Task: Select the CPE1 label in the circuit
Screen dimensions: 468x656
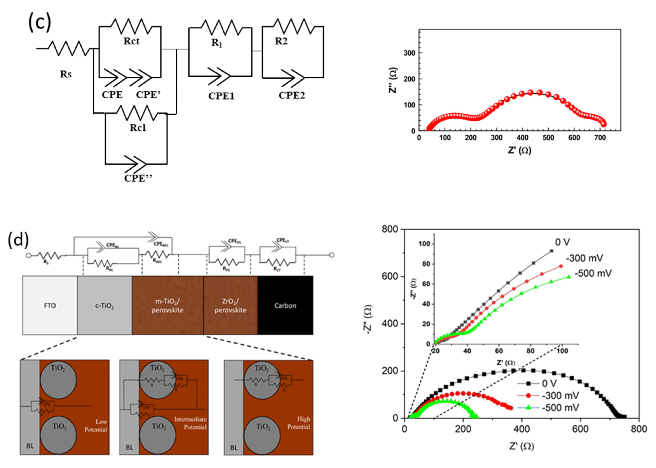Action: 221,96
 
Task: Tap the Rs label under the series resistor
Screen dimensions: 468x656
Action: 66,74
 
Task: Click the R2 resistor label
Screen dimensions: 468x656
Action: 281,41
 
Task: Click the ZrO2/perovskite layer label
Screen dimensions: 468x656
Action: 230,306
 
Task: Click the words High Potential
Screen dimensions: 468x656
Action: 299,423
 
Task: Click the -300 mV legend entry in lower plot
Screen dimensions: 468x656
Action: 560,396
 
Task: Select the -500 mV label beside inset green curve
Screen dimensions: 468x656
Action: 593,273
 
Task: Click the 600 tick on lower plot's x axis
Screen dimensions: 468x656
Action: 580,429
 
